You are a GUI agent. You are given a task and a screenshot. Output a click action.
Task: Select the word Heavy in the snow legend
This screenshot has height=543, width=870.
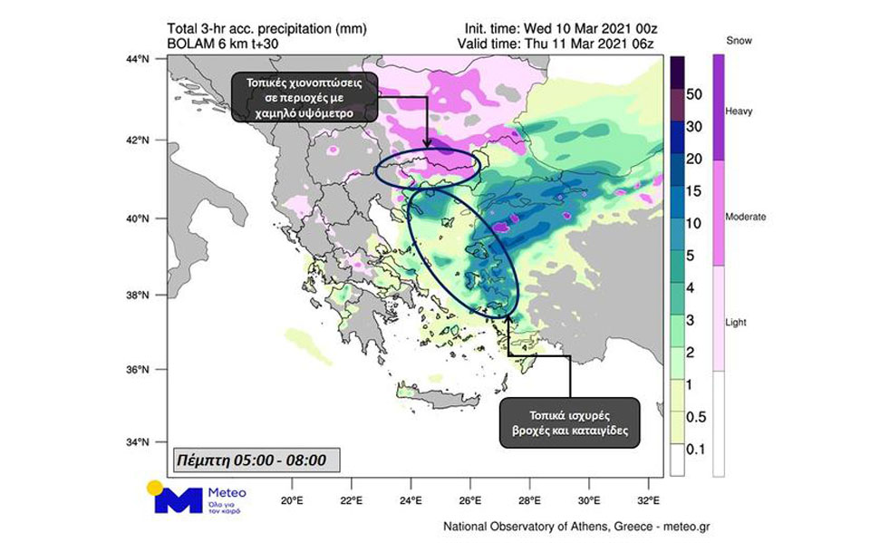(740, 111)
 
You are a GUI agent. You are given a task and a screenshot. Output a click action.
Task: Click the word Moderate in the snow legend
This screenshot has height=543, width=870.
(747, 217)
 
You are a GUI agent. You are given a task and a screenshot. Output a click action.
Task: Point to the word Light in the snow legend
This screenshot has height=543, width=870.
(738, 323)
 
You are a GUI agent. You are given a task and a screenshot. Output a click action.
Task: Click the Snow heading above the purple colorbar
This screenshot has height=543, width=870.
(740, 41)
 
